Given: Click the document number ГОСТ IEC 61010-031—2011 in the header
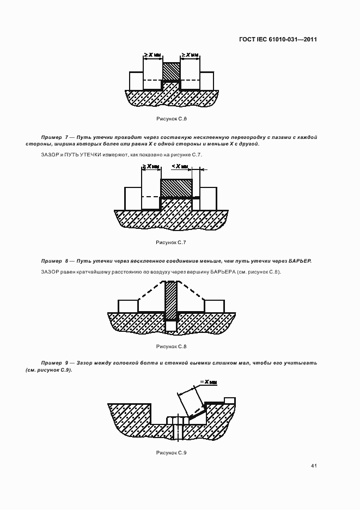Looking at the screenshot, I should (x=278, y=39).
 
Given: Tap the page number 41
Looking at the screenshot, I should (x=314, y=466).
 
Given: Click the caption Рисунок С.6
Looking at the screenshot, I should (x=172, y=118).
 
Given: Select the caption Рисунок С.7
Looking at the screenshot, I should (x=172, y=241).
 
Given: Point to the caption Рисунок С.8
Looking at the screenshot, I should (x=172, y=346).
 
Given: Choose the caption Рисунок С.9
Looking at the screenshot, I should (x=172, y=452).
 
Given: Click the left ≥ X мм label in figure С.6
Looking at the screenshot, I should (x=153, y=55).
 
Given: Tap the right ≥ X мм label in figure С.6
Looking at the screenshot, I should (x=190, y=55).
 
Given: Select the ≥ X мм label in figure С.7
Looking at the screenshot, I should (x=151, y=166).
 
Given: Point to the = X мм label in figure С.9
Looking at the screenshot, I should (x=209, y=382).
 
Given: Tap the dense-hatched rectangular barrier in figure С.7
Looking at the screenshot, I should (x=176, y=188).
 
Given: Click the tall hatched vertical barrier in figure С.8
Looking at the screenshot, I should (x=172, y=300).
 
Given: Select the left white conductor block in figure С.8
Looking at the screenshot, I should (x=128, y=306).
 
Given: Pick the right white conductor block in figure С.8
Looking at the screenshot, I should (x=214, y=306).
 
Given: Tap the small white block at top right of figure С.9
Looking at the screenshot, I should (x=230, y=400).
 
